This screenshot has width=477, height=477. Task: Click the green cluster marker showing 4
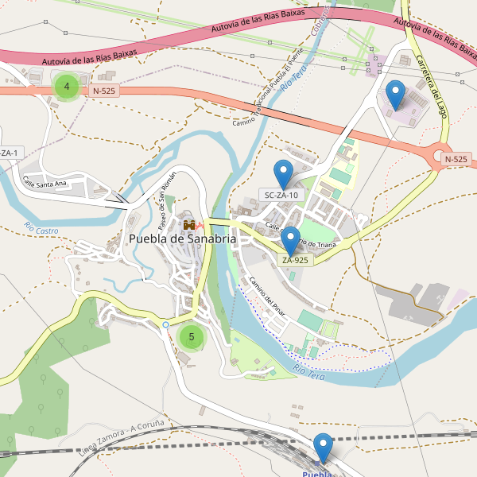pyautogui.click(x=67, y=87)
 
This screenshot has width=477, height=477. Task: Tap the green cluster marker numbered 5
pyautogui.click(x=191, y=336)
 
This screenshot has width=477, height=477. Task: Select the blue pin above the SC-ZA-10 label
pyautogui.click(x=282, y=174)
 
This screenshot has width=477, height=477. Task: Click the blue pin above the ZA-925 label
pyautogui.click(x=290, y=240)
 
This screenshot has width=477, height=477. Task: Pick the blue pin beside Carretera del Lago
pyautogui.click(x=395, y=95)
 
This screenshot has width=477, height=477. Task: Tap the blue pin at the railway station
pyautogui.click(x=322, y=447)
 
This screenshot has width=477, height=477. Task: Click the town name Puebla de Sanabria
pyautogui.click(x=182, y=238)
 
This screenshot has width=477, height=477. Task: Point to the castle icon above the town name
pyautogui.click(x=189, y=226)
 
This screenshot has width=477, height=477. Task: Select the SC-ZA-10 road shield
pyautogui.click(x=281, y=195)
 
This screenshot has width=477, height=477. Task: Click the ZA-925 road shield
pyautogui.click(x=294, y=260)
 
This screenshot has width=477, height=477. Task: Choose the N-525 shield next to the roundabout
pyautogui.click(x=456, y=159)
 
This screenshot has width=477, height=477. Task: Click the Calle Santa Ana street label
pyautogui.click(x=45, y=183)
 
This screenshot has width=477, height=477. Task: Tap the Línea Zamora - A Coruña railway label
pyautogui.click(x=122, y=433)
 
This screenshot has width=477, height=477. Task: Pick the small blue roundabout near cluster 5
pyautogui.click(x=165, y=324)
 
